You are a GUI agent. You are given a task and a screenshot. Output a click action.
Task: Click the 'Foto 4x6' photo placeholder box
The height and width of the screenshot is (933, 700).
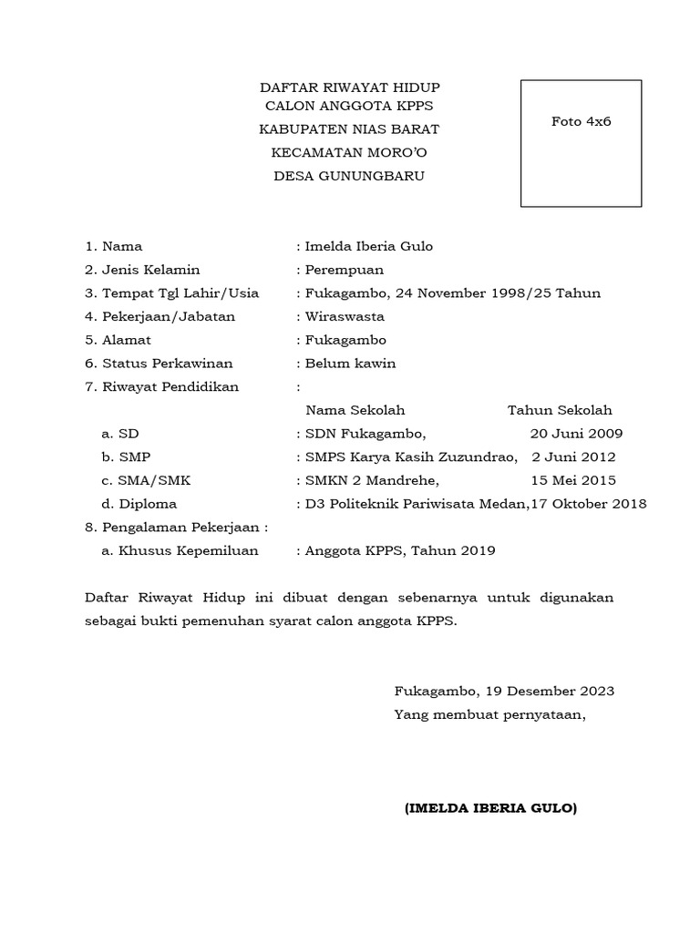[581, 144]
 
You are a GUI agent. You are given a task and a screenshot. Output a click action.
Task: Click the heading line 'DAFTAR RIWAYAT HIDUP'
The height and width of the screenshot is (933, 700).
[350, 87]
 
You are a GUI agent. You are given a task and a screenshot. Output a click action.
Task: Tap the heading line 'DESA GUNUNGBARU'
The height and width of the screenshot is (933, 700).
[350, 175]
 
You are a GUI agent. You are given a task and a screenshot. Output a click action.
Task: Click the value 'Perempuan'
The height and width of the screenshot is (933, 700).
[345, 270]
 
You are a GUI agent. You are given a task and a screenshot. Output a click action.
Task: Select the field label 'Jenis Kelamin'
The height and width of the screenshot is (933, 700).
[151, 270]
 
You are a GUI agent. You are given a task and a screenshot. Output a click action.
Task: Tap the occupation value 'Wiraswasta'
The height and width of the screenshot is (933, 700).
[345, 317]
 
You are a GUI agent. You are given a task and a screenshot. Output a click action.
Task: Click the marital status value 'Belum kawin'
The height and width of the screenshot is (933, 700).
[350, 364]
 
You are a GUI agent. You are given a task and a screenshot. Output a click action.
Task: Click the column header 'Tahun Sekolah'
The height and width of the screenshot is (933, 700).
[560, 410]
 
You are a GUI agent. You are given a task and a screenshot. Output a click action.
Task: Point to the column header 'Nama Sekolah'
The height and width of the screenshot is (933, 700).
[355, 410]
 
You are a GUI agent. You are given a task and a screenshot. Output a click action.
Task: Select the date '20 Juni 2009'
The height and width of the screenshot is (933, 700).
[577, 434]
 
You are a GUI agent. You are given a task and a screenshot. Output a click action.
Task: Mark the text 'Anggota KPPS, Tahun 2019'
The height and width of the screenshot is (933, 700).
[401, 550]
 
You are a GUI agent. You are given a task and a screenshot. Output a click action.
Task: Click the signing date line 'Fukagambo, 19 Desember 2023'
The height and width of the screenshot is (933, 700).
[504, 691]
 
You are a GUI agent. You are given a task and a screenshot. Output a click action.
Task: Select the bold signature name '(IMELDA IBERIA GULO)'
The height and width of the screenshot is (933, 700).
[490, 808]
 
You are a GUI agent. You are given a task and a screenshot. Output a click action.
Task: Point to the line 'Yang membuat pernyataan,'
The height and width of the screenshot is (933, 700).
[489, 714]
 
